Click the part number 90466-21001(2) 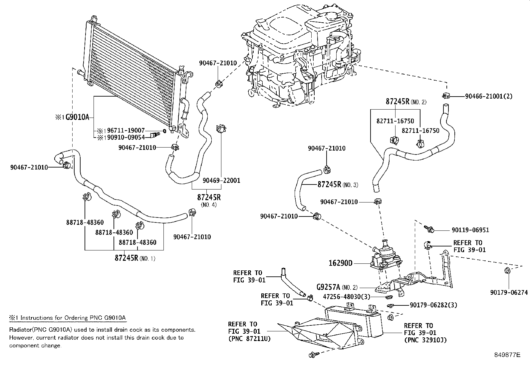pos(489,96)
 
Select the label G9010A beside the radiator pos(77,117)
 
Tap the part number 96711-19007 pos(126,131)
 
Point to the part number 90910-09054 pos(126,137)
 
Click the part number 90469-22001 pos(221,181)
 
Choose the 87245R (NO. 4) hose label pos(209,200)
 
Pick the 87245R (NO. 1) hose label pos(135,258)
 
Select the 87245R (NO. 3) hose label pos(338,184)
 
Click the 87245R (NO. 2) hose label pos(406,102)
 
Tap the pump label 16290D pos(341,263)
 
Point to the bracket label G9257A pos(328,287)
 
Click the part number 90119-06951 pos(470,230)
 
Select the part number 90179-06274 pos(509,293)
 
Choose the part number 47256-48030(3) pos(347,297)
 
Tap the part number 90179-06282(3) pos(433,305)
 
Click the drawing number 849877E pos(507,355)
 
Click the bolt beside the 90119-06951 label pos(429,228)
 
